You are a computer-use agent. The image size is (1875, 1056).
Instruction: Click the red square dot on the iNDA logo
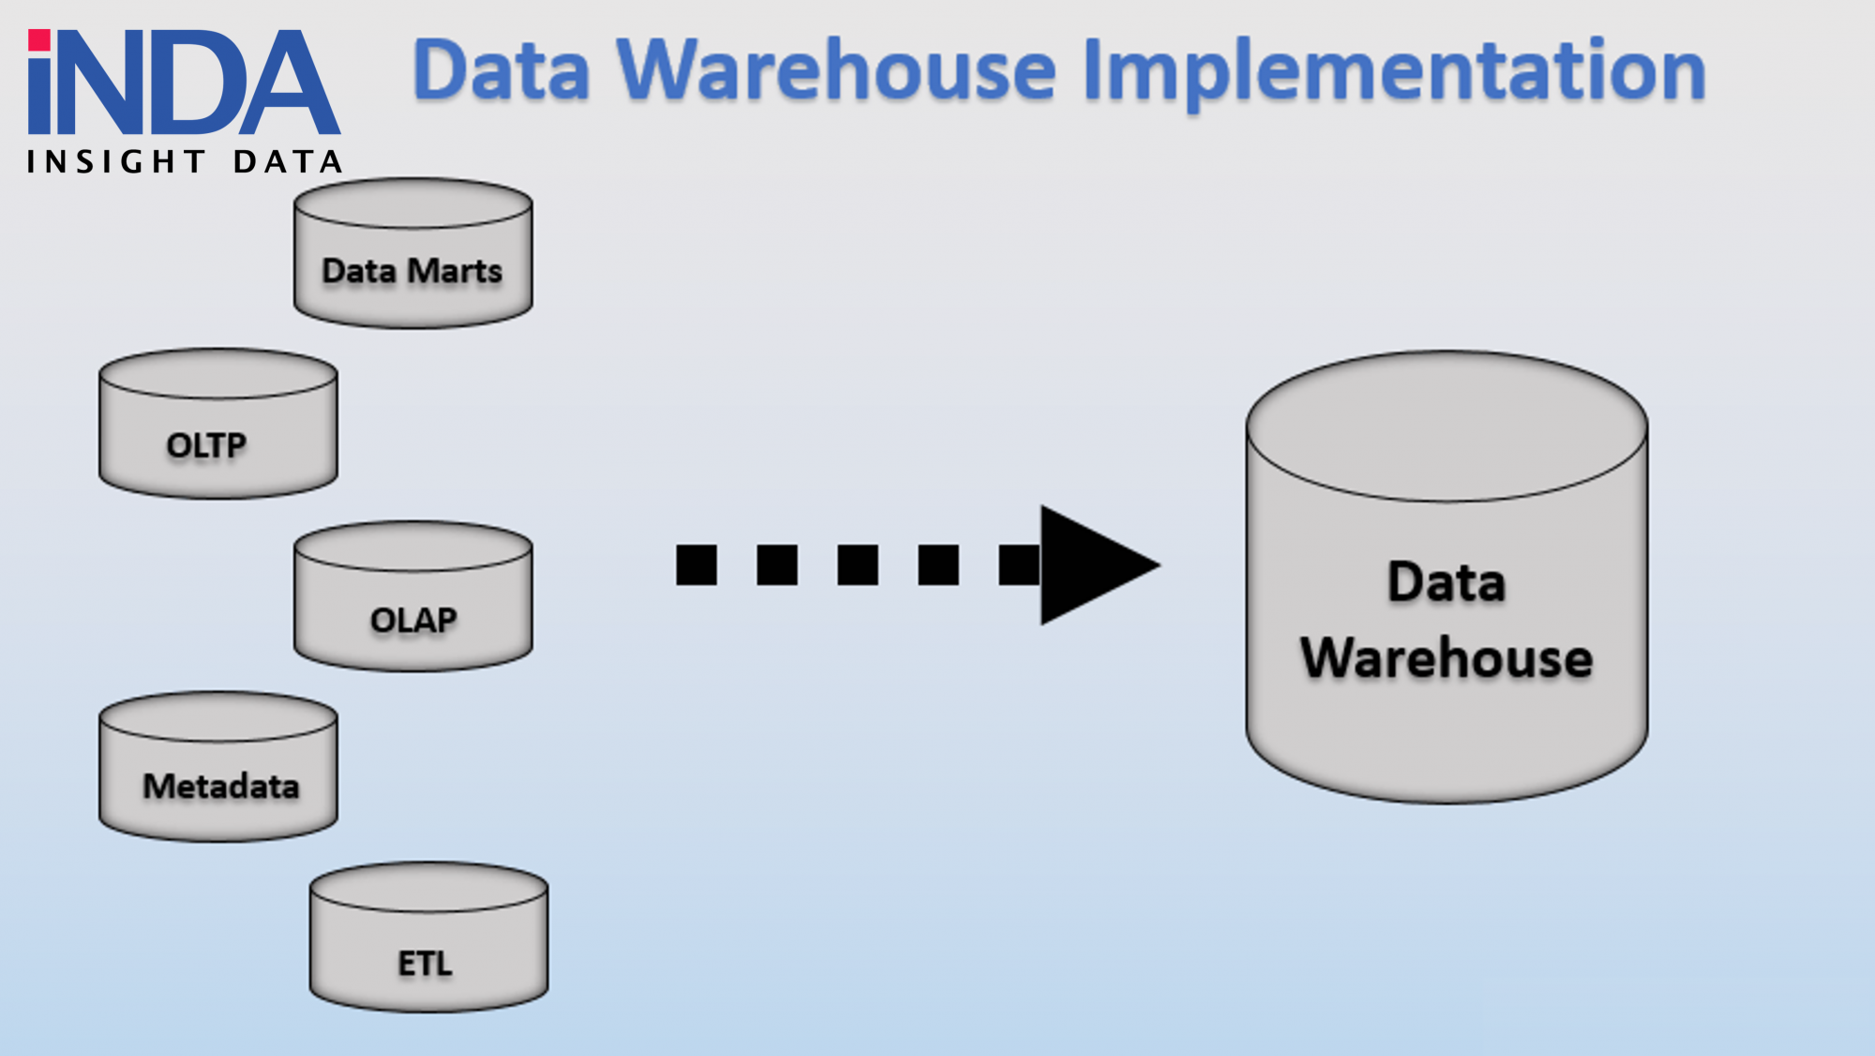[39, 40]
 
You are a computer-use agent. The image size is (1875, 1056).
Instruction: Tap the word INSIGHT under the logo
[116, 162]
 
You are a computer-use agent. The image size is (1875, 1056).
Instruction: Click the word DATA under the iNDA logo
[288, 162]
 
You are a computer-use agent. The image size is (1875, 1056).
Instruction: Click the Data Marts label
[412, 271]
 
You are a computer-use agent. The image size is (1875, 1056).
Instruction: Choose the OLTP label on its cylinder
[206, 445]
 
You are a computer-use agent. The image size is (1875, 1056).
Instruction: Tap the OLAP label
[413, 620]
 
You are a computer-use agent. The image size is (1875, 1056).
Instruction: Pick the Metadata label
[221, 786]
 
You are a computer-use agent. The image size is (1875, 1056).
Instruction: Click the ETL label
[425, 963]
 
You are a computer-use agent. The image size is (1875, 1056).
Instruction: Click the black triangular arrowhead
[1092, 566]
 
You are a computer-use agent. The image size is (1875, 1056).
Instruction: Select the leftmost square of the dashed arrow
[696, 566]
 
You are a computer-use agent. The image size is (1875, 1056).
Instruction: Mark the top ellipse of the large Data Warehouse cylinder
[1447, 427]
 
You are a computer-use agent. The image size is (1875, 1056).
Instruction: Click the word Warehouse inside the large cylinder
[1447, 657]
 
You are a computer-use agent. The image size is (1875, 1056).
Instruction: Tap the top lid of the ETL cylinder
[428, 887]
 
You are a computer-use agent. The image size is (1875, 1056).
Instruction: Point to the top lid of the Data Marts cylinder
[413, 204]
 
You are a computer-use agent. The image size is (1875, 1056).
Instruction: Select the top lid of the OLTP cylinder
[218, 374]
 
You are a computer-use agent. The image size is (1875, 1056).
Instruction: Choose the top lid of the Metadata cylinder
[218, 717]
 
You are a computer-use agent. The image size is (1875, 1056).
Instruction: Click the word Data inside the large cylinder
[1447, 582]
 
